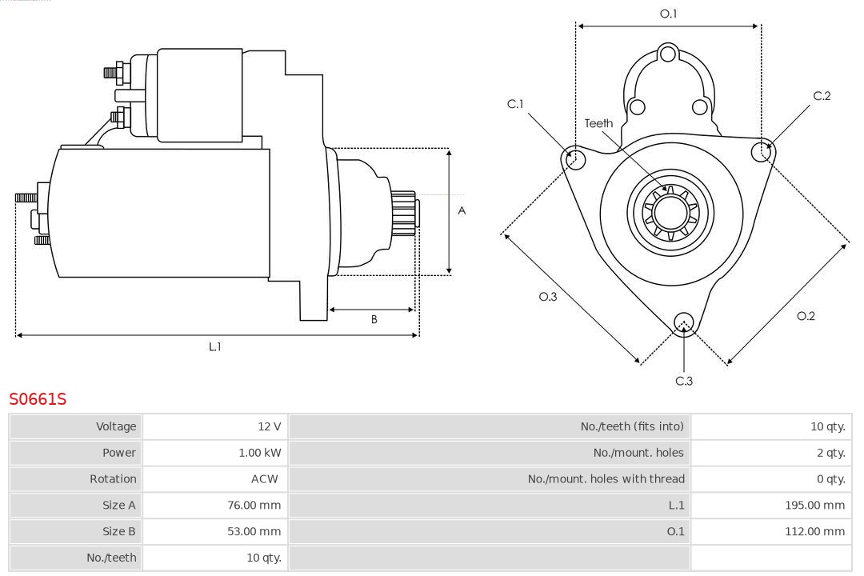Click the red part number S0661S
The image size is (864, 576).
[x=38, y=398]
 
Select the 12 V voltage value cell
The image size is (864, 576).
[x=269, y=426]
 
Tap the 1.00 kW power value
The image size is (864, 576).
[x=259, y=453]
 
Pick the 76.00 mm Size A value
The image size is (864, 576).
[x=254, y=505]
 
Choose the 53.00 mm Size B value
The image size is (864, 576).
[x=254, y=531]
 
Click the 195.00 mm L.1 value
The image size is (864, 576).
[x=814, y=505]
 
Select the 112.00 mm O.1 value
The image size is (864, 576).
[x=814, y=531]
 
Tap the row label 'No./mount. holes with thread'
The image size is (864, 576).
[x=606, y=479]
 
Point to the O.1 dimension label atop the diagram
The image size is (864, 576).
[x=668, y=14]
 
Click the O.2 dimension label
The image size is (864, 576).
[x=806, y=316]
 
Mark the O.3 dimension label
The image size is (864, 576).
[x=547, y=297]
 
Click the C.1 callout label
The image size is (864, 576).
[x=515, y=104]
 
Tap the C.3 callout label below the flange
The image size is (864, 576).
[x=683, y=381]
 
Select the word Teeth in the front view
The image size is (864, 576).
[x=598, y=123]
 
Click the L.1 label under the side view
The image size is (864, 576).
[x=214, y=346]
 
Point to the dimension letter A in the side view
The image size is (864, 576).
[x=462, y=211]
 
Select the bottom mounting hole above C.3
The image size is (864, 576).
[x=683, y=322]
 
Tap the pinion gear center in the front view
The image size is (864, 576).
[x=670, y=212]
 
